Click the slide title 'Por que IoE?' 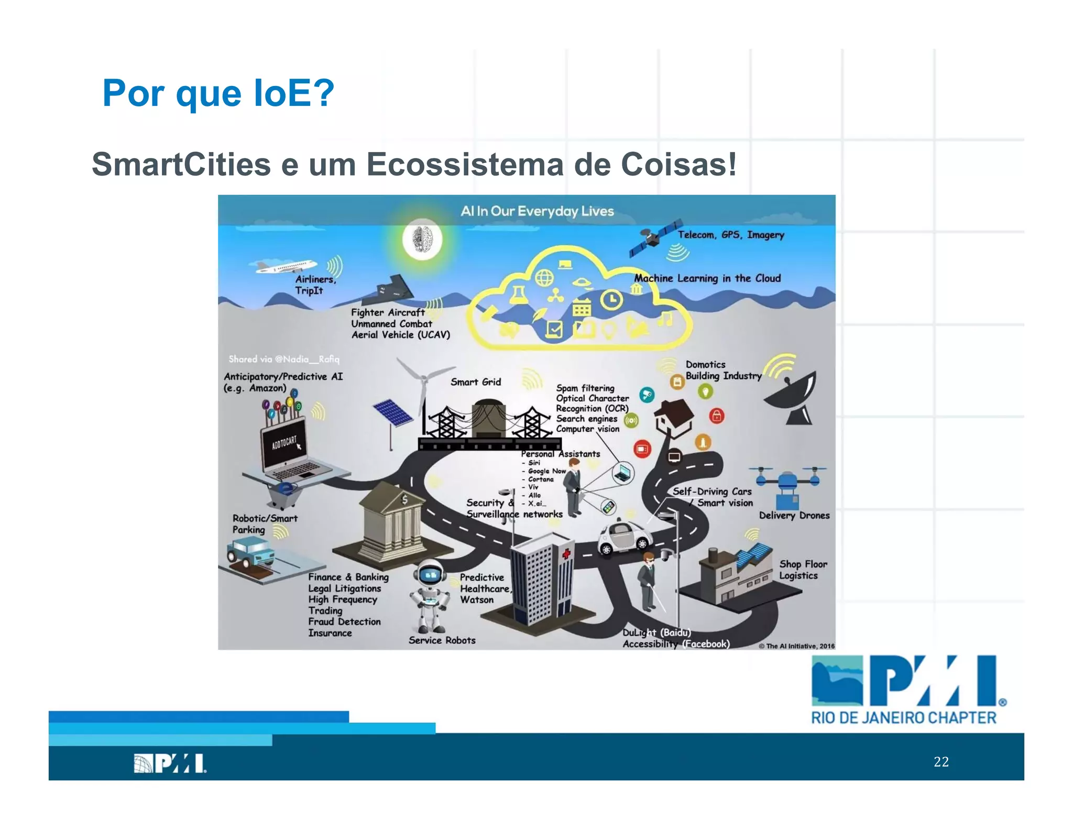coord(218,93)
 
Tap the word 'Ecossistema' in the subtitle coord(464,165)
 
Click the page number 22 coord(941,761)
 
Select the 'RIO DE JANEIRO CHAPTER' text coord(903,718)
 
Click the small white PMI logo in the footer coord(170,763)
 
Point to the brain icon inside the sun coord(422,239)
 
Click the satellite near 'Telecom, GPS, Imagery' coord(655,239)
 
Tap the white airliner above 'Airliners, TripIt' coord(286,266)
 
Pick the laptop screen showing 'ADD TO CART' coord(284,443)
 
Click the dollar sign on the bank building coord(404,500)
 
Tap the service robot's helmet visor coord(431,575)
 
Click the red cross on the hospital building coord(566,554)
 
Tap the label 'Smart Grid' coord(476,382)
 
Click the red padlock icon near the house coord(717,416)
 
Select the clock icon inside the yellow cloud coord(610,300)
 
